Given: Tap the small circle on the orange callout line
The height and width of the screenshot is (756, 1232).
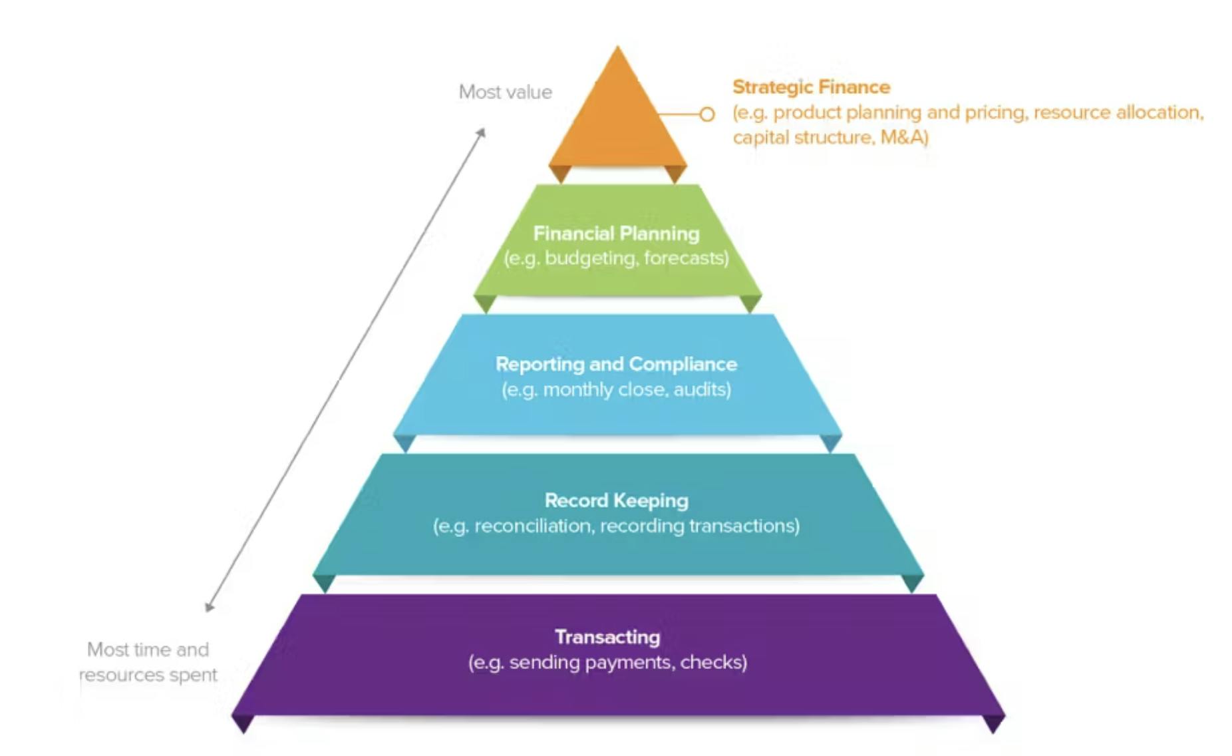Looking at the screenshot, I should click(707, 114).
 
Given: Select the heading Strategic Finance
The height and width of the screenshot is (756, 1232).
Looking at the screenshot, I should click(811, 87).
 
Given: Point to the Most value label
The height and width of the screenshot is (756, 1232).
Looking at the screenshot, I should click(506, 92).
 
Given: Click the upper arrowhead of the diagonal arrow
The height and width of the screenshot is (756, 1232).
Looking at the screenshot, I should click(482, 132).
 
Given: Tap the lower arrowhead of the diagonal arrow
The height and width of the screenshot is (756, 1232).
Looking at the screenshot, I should click(209, 607).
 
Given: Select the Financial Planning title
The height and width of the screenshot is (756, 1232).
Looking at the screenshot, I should click(616, 234).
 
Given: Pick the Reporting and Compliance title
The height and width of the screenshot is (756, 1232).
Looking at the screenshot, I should click(616, 364).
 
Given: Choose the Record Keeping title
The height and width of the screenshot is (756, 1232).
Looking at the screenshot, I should click(616, 500).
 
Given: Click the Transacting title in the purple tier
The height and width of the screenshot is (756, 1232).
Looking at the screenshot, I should click(607, 637).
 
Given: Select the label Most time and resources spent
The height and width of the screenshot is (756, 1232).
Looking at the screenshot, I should click(148, 662).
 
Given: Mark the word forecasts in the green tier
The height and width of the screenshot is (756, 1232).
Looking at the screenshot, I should click(685, 258).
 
